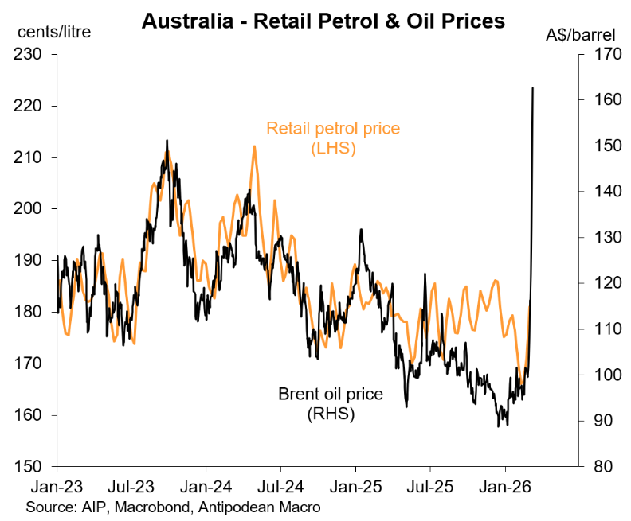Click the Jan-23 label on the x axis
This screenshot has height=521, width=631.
[x=57, y=484]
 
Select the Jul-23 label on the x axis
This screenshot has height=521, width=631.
[x=131, y=484]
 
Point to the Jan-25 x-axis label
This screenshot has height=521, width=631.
[x=355, y=484]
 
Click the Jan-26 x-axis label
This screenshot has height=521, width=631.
[x=505, y=484]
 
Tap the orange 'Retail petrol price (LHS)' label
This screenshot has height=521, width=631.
[x=333, y=138]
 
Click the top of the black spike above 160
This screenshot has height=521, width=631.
[x=532, y=88]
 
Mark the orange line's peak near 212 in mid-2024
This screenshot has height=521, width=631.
[x=254, y=146]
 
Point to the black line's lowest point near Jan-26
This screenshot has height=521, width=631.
[x=499, y=426]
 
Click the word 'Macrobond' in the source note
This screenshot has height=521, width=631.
[x=148, y=505]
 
